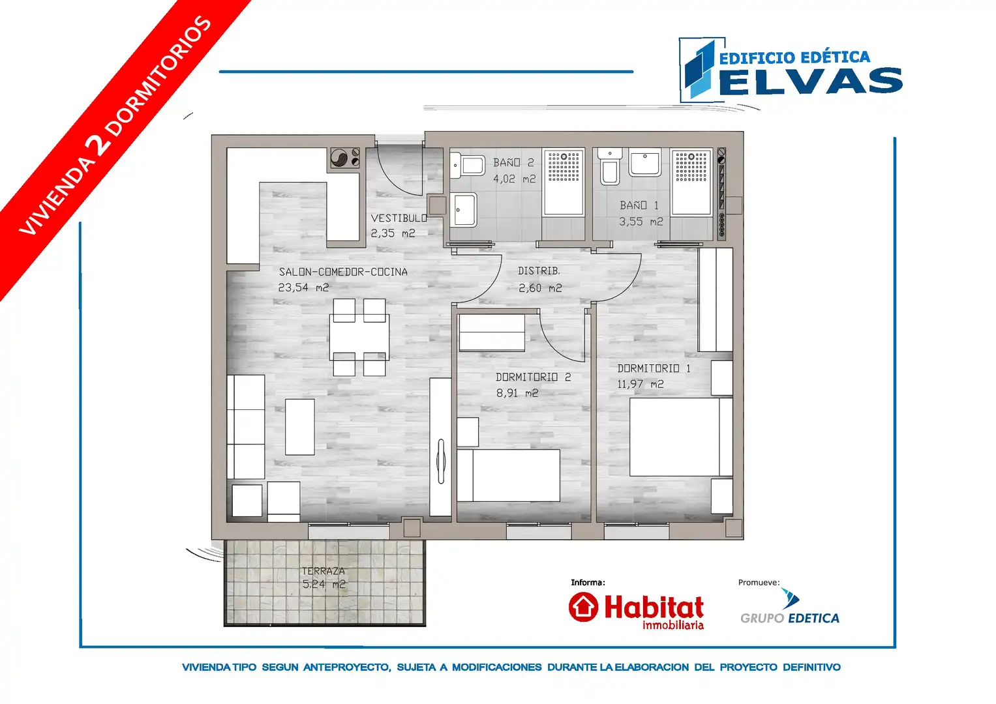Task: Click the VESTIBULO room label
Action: pos(399,218)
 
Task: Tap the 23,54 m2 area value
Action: pos(304,287)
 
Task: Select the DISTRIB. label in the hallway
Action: pos(539,271)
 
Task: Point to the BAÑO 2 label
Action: pos(513,163)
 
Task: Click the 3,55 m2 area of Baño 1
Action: pos(641,222)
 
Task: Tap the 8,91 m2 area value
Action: pos(517,393)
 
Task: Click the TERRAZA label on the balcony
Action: pos(324,570)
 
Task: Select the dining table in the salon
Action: pos(359,338)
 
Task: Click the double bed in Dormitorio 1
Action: pos(681,437)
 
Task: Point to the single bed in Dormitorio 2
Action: pos(509,476)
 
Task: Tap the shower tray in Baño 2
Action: pos(564,183)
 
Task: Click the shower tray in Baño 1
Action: pos(691,183)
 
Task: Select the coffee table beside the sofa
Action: pos(299,427)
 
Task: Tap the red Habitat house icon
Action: pos(583,607)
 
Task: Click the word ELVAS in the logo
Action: pos(811,81)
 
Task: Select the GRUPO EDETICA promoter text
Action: pos(790,618)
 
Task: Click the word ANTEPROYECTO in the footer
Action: pos(347,667)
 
